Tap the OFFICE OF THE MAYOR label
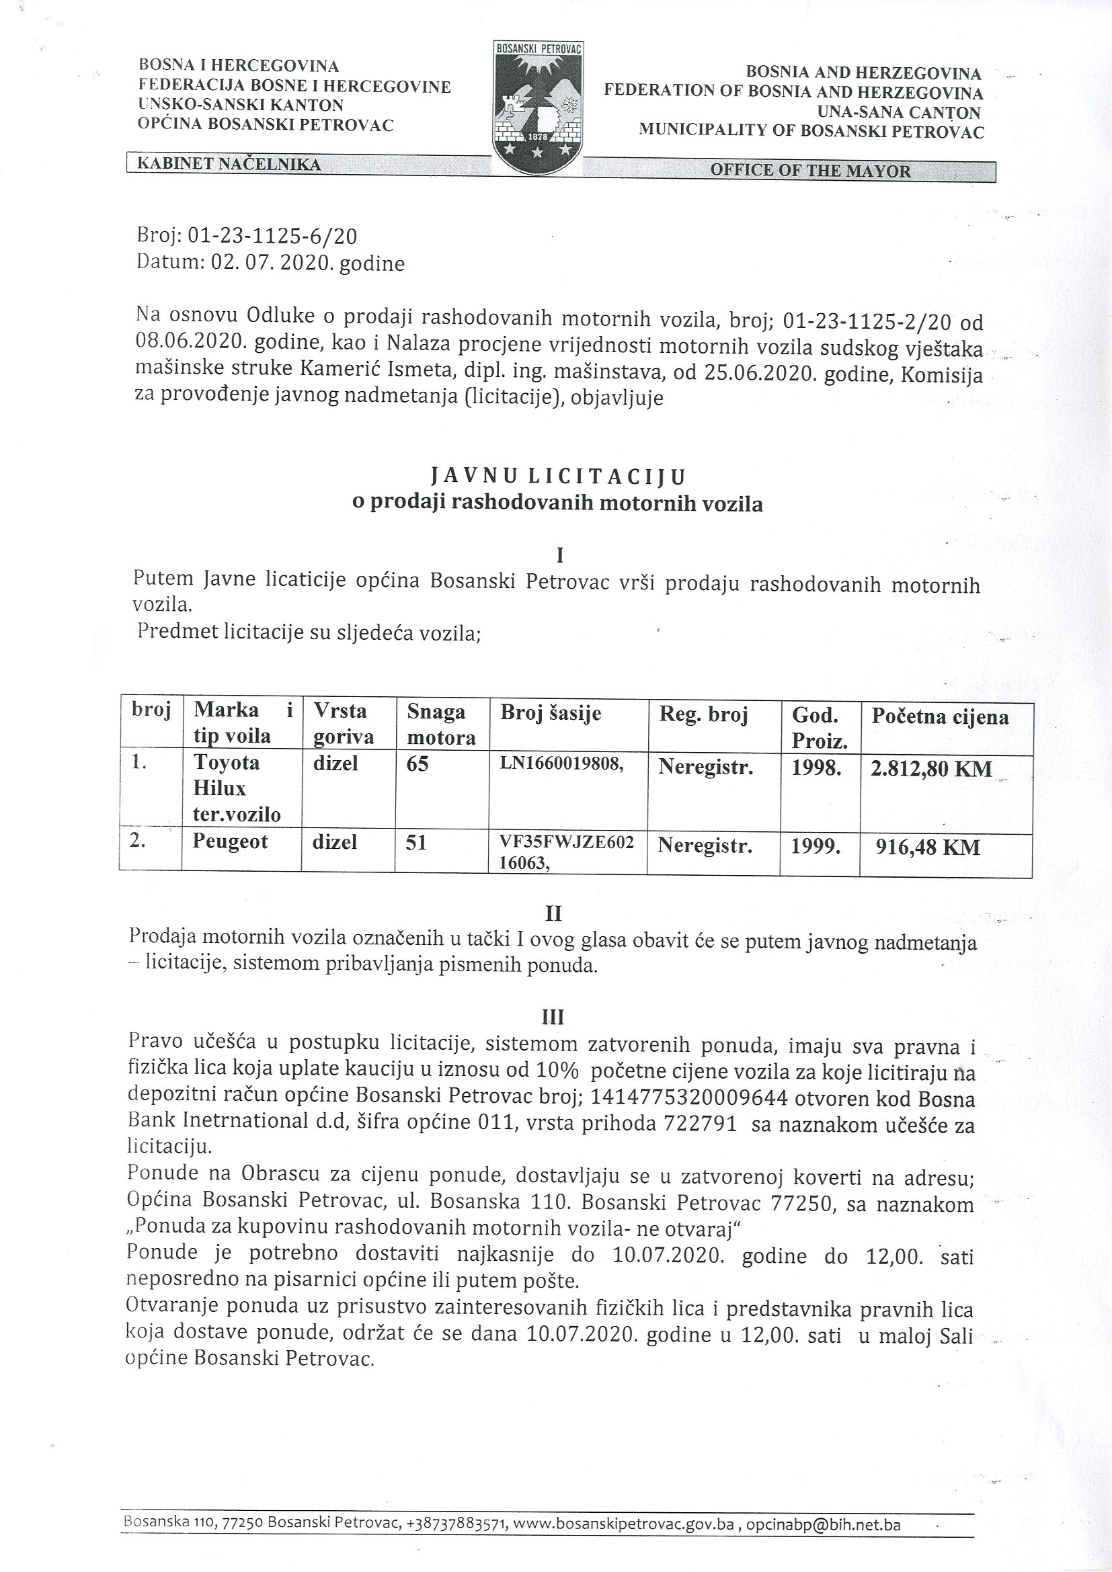tap(810, 171)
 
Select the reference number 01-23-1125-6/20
tap(272, 236)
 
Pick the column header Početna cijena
tap(940, 717)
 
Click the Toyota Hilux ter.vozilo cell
tap(237, 788)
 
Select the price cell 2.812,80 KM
tap(930, 769)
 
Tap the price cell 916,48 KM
tap(928, 847)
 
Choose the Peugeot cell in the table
tap(230, 841)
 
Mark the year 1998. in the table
tap(816, 768)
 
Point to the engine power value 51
tap(416, 842)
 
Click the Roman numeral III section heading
tap(553, 1017)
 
